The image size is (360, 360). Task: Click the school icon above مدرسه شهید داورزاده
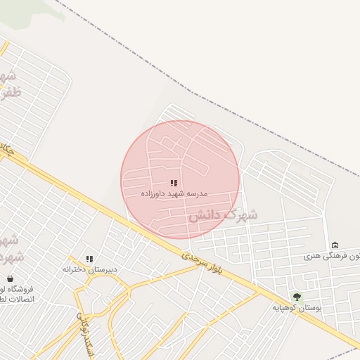click(x=174, y=183)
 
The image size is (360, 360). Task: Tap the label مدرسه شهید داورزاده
click(x=174, y=193)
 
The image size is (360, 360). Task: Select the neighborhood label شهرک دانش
click(x=222, y=214)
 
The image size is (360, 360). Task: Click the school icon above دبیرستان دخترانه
click(x=89, y=259)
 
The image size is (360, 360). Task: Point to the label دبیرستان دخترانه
click(x=89, y=269)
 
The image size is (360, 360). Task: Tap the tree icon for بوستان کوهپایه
click(x=297, y=297)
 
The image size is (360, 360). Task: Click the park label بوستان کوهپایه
click(x=298, y=307)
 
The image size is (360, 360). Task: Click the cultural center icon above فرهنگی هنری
click(x=335, y=245)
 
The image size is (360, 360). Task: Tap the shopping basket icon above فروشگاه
click(x=10, y=278)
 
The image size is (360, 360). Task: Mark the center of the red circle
click(x=180, y=179)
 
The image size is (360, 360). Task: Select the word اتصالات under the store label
click(x=14, y=300)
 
